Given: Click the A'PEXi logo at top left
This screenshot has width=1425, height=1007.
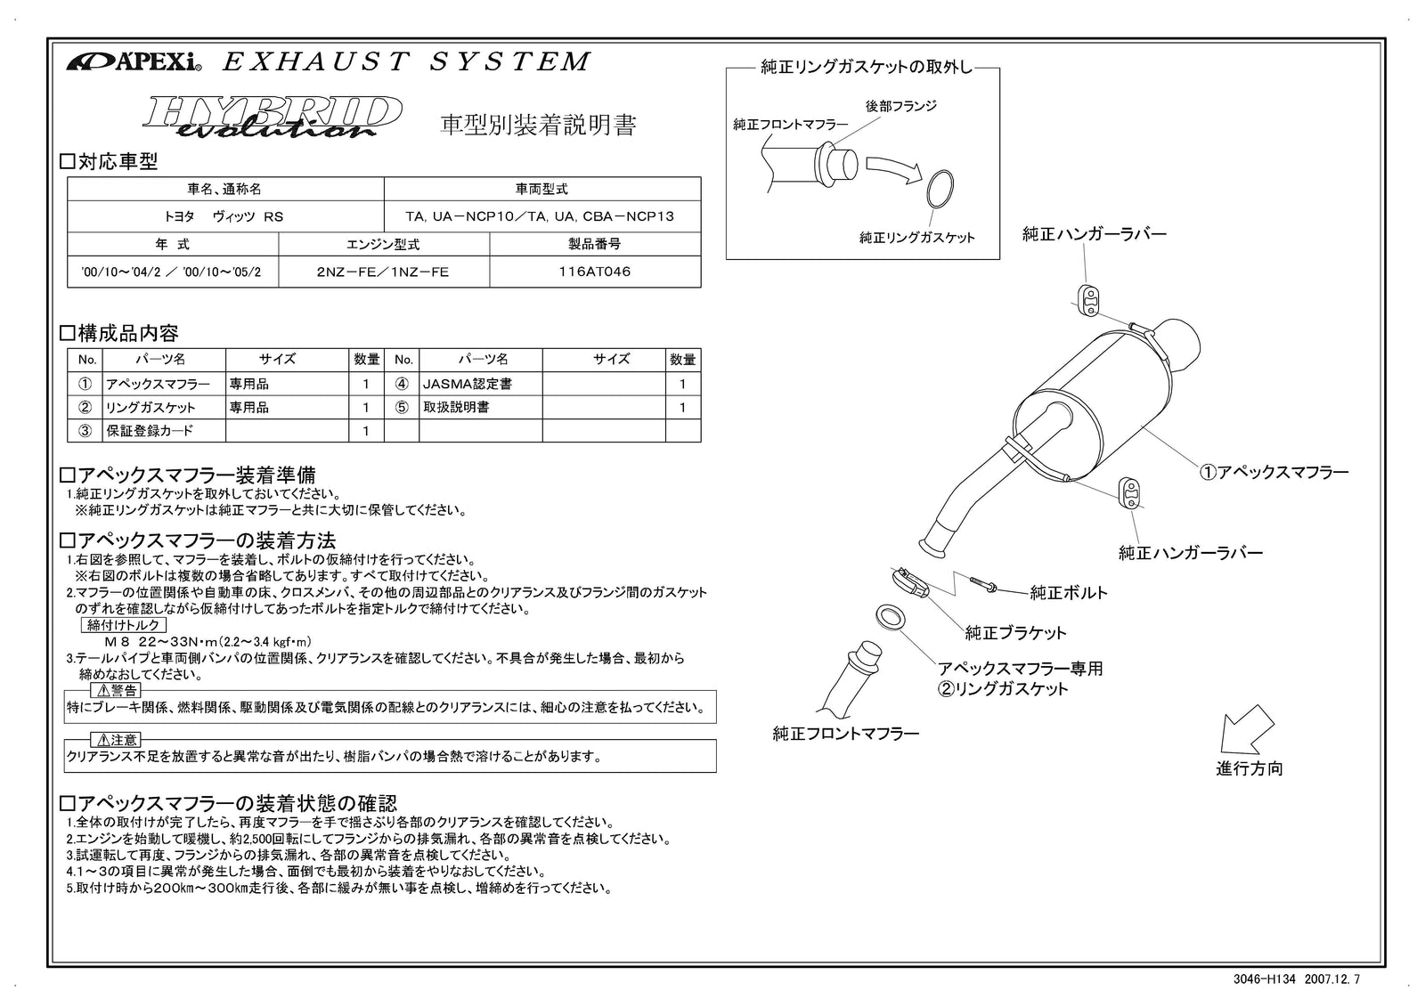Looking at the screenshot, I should (x=134, y=62).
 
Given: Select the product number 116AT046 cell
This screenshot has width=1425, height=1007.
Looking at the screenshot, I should (x=594, y=272).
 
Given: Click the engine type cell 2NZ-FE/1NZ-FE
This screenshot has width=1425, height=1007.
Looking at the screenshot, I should (x=383, y=272).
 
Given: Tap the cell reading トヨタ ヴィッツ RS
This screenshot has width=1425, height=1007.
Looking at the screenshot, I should (x=225, y=216).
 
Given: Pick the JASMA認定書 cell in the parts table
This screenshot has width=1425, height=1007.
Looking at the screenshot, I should (x=467, y=385).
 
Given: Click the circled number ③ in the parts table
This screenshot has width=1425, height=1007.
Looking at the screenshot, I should (x=85, y=431).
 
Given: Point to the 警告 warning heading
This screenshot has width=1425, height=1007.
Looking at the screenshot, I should (x=117, y=691).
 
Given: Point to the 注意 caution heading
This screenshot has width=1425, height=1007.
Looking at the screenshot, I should (x=117, y=741).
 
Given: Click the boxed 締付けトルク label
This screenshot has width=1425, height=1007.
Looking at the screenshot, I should (x=124, y=626).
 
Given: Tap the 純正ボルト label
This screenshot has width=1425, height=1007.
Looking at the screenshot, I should (x=1069, y=592).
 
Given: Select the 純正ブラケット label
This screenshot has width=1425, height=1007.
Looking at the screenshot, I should (x=1015, y=633).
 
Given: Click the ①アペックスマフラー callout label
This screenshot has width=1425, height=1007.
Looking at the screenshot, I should (x=1274, y=473).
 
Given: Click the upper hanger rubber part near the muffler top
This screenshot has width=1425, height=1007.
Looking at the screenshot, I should (x=1088, y=300).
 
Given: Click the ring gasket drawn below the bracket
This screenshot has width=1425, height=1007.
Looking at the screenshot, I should (x=888, y=616).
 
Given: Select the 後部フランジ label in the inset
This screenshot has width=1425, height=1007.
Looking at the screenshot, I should (x=900, y=106).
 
